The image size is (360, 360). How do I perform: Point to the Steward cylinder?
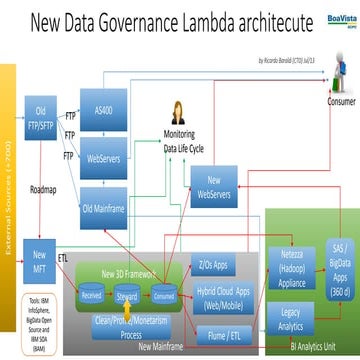[126, 267]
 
